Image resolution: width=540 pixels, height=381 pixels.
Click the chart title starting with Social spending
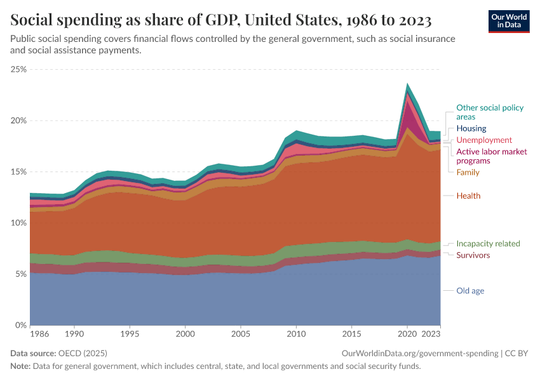pyautogui.click(x=221, y=21)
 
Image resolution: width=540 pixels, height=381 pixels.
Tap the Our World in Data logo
pyautogui.click(x=508, y=21)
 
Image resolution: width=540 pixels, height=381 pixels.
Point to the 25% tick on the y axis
pyautogui.click(x=18, y=69)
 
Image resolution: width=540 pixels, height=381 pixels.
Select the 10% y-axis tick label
pyautogui.click(x=18, y=223)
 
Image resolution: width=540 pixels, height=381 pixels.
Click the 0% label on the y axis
pyautogui.click(x=21, y=325)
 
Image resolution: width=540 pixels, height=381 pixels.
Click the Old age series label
pyautogui.click(x=470, y=291)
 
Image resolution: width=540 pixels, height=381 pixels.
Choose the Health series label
pyautogui.click(x=468, y=196)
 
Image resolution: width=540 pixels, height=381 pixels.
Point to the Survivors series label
pyautogui.click(x=473, y=255)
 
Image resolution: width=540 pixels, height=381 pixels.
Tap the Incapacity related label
pyautogui.click(x=488, y=244)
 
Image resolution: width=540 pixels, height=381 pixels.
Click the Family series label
pyautogui.click(x=468, y=172)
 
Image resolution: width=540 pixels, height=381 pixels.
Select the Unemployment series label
pyautogui.click(x=483, y=140)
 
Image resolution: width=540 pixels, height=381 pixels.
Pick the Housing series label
pyautogui.click(x=471, y=128)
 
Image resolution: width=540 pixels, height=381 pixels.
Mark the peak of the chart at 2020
pyautogui.click(x=408, y=83)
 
